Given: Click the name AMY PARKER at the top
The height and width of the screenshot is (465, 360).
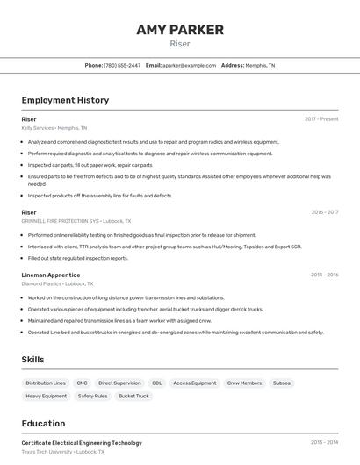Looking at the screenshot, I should [x=179, y=30].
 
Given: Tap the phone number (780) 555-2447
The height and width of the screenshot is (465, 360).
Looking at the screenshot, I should [x=122, y=65].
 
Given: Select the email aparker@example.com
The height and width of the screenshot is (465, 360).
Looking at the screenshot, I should [x=189, y=65].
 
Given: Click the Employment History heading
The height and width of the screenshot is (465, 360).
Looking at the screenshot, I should [x=65, y=100].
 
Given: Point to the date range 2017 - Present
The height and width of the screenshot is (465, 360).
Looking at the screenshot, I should [x=321, y=118].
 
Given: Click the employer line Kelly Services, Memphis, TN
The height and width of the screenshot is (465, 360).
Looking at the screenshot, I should [x=54, y=127].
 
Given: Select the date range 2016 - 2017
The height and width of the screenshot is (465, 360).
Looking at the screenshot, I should [x=324, y=212].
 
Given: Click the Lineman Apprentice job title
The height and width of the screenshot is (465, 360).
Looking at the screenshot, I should [x=51, y=275].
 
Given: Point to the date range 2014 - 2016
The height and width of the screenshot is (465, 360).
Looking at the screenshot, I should [x=324, y=275].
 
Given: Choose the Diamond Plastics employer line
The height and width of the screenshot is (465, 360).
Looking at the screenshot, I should [x=57, y=283].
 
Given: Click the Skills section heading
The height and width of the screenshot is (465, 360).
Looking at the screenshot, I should [x=33, y=360].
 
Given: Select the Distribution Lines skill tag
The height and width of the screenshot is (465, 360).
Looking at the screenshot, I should [x=46, y=383].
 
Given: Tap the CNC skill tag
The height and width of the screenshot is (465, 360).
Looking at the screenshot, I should [x=83, y=383].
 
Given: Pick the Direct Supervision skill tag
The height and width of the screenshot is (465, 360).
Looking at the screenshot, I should [x=119, y=383].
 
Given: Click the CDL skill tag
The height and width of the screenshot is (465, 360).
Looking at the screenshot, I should [x=157, y=383].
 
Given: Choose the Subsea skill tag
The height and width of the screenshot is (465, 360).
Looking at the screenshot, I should [x=282, y=383].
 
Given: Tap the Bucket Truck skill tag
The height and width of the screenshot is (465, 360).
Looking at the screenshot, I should [x=134, y=397].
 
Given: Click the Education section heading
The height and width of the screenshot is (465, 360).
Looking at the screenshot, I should [x=44, y=423].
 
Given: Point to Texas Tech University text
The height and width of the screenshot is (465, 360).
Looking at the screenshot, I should [x=47, y=452].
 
